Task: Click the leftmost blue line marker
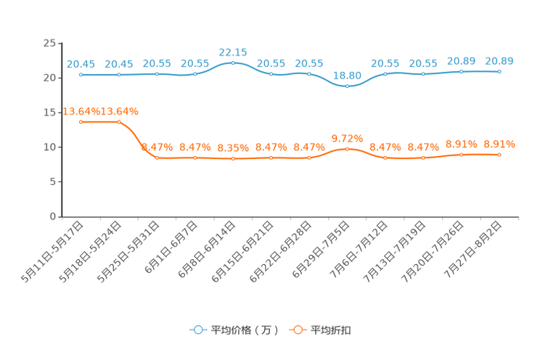point(81,74)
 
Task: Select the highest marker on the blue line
point(233,62)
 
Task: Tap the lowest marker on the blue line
point(347,86)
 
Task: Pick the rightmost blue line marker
point(499,71)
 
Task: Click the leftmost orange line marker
point(81,122)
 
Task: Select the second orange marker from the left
point(118,122)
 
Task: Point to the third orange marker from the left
point(157,157)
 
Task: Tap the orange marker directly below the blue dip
point(347,149)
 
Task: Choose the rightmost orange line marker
point(499,155)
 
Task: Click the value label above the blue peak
point(233,52)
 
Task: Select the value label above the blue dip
point(347,75)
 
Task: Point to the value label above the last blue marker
point(499,60)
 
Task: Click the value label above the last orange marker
point(499,144)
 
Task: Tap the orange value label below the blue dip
point(347,138)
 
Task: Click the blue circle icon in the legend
point(197,330)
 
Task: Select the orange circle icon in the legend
point(297,330)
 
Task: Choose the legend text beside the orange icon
point(332,330)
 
